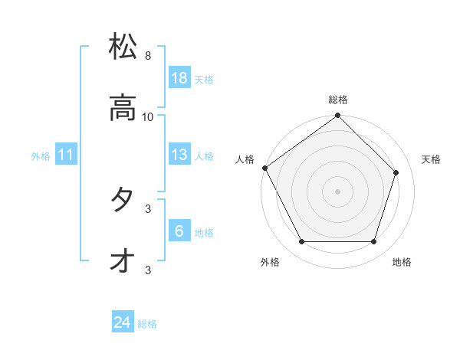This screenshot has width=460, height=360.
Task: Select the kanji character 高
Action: tap(123, 108)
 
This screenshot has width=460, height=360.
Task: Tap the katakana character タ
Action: tap(123, 200)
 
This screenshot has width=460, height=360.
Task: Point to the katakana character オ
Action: tap(123, 261)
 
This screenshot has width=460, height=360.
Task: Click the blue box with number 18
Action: tap(179, 78)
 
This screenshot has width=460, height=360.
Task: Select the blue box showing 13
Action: tap(179, 155)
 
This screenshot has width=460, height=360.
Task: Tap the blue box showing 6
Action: tap(179, 231)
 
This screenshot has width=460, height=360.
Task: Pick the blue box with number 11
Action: tap(66, 155)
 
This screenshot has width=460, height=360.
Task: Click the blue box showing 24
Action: tap(123, 323)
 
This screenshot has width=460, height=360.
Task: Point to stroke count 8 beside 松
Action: tap(147, 56)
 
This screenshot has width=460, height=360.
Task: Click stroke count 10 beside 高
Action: tap(148, 117)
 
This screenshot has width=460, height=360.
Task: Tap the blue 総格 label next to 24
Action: tap(147, 325)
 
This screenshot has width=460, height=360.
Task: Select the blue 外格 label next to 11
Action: tap(41, 156)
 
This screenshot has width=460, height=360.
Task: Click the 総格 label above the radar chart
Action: tap(338, 100)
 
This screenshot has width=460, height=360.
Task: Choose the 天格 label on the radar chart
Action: tap(431, 159)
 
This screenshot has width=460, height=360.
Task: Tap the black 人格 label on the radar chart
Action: tap(245, 159)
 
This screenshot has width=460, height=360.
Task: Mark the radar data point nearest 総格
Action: tap(338, 116)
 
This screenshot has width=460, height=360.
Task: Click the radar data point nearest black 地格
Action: tap(374, 242)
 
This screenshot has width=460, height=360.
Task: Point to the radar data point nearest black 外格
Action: tap(302, 242)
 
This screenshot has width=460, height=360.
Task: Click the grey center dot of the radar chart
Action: tap(338, 191)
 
